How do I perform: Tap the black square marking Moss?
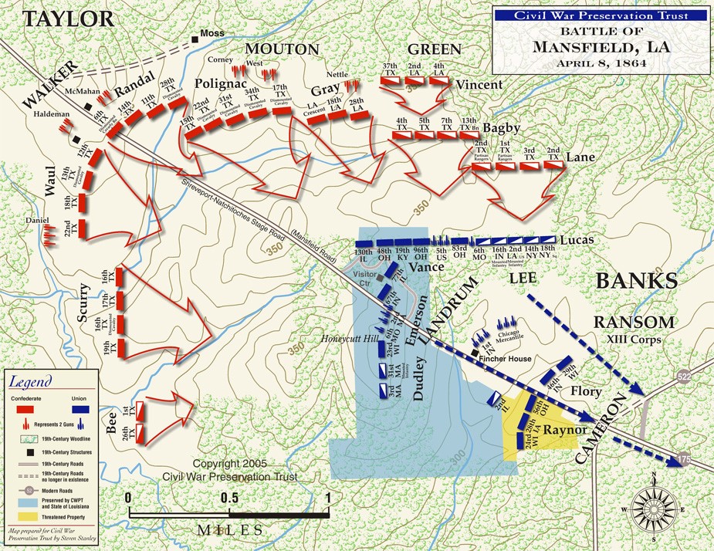tap(195, 35)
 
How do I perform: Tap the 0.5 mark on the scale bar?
tap(228, 497)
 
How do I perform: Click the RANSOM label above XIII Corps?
tap(634, 322)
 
